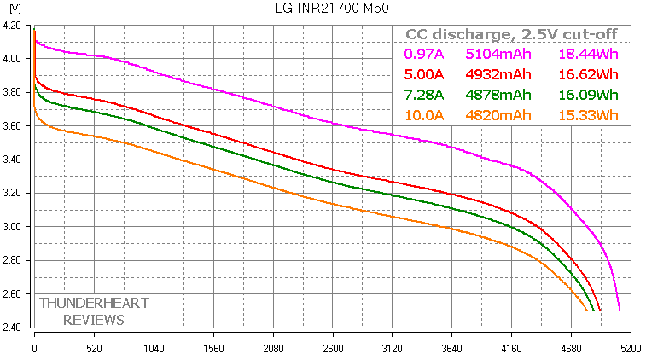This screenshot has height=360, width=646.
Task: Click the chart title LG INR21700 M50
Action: coord(322,9)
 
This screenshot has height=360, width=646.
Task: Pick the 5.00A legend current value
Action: coord(422,74)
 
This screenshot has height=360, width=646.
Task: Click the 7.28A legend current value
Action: coord(422,95)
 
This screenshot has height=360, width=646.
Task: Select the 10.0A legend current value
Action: coord(422,115)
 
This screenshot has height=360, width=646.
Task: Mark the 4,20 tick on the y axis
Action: coord(15,26)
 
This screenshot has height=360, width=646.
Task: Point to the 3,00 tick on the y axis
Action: coord(15,227)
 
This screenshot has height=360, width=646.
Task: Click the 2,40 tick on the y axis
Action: coord(15,328)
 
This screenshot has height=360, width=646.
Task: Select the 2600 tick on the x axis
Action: coord(333,350)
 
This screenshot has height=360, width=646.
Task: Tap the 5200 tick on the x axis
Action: coord(631,350)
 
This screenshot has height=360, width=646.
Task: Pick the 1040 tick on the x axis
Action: coord(154,350)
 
